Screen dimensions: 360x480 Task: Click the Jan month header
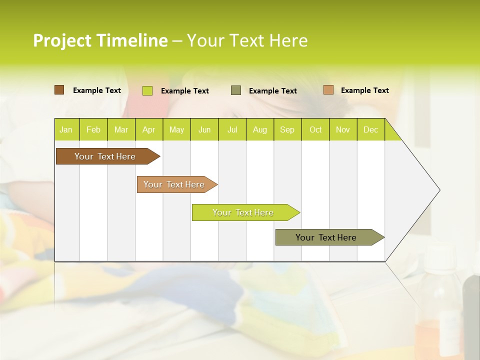coord(66,130)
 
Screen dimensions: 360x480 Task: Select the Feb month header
coord(93,130)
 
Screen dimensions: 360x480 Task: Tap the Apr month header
coord(148,130)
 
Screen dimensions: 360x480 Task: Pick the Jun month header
coord(204,130)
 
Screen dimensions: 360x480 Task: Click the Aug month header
coord(259,130)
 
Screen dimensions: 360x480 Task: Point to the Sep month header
coord(287,130)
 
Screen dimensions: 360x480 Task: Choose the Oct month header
coord(315,130)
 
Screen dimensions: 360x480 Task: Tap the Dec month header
coord(370,130)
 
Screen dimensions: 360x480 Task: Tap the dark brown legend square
coord(59,90)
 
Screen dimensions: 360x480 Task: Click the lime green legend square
coord(147,90)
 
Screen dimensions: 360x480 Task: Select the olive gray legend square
coord(236,90)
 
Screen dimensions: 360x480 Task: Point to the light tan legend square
coord(328,90)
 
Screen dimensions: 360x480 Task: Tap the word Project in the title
coord(62,40)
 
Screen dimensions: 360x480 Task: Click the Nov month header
coord(342,130)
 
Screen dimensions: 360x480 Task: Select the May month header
coord(176,130)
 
